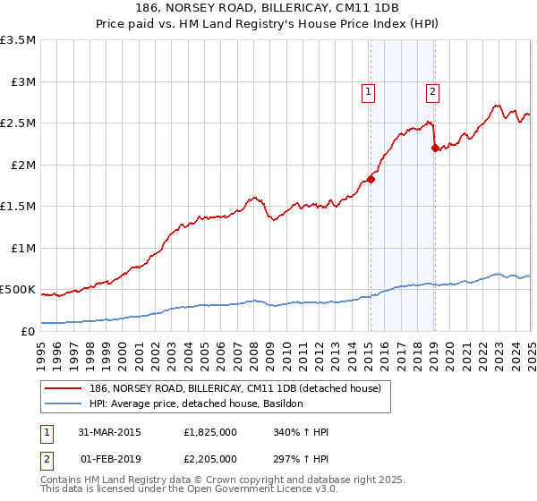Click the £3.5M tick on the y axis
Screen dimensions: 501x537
click(x=18, y=41)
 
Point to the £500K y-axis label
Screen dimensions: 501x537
click(x=18, y=290)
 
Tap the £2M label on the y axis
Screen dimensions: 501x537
click(x=22, y=166)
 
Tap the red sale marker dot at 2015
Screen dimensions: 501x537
click(x=371, y=179)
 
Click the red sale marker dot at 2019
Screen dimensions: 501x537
click(x=434, y=149)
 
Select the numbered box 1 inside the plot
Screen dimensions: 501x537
click(x=369, y=90)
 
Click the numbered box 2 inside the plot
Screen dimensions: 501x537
click(x=432, y=90)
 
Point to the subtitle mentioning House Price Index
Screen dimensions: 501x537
click(x=268, y=26)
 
